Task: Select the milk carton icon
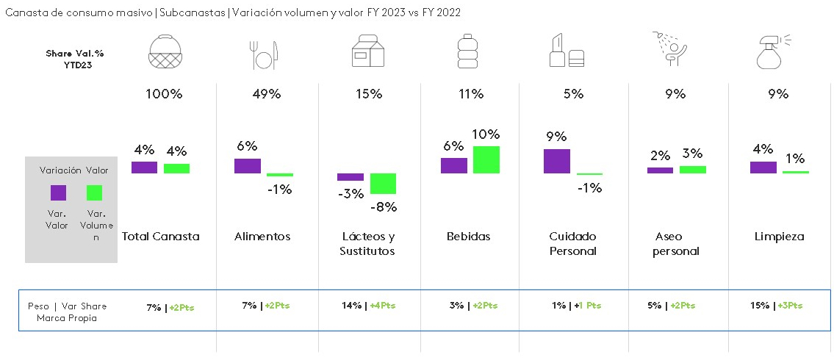368,52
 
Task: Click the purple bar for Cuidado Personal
556,161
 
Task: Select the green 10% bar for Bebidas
486,159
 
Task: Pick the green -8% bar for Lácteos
383,183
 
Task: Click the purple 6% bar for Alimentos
247,165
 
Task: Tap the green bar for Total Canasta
176,168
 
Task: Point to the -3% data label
351,194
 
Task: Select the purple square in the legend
58,192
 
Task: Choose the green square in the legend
94,192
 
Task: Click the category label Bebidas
468,237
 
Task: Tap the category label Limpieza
779,237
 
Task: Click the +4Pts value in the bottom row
382,306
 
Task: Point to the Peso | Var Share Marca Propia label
67,312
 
